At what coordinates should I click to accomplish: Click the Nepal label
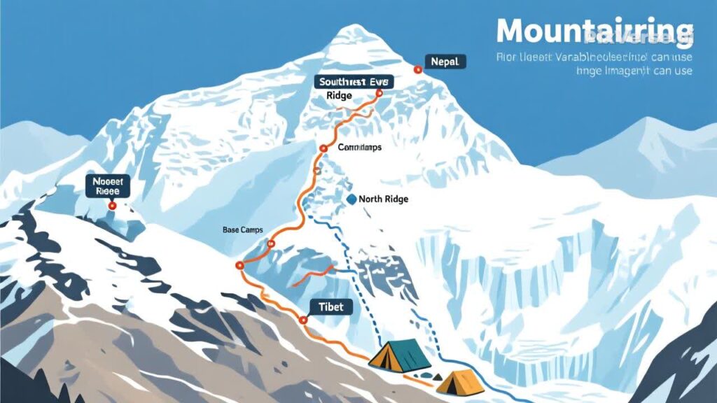(x=445, y=62)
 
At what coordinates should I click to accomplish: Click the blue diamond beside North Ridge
(x=351, y=199)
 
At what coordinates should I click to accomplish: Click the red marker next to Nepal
(x=417, y=69)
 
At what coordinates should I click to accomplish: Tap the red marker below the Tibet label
(x=303, y=320)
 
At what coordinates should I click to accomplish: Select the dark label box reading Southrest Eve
(x=354, y=82)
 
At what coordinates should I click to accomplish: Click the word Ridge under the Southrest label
(x=339, y=97)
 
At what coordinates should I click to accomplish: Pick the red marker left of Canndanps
(x=323, y=148)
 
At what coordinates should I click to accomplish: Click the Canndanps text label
(x=361, y=148)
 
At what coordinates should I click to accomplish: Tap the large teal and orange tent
(x=400, y=354)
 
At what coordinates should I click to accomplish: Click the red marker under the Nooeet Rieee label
(x=112, y=206)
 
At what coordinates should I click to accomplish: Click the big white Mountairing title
(x=594, y=31)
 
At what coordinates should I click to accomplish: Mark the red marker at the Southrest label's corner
(x=380, y=92)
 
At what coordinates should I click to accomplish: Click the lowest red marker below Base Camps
(x=239, y=265)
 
